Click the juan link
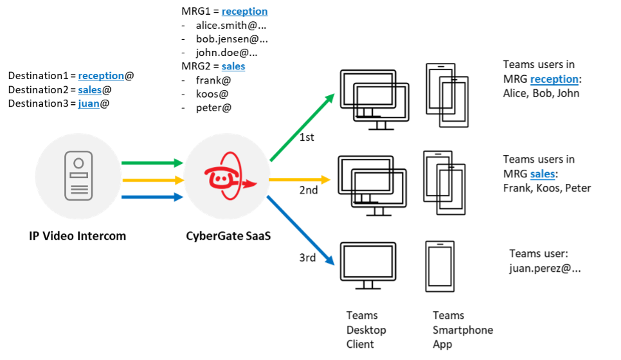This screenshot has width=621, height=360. tap(89, 104)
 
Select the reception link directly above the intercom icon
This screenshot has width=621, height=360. tap(101, 76)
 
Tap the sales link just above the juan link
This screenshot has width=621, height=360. tap(90, 90)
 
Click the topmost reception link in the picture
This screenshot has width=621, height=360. tap(244, 12)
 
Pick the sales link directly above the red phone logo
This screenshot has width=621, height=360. tap(233, 66)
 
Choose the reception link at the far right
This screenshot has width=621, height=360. tap(553, 79)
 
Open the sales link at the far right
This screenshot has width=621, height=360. tap(542, 174)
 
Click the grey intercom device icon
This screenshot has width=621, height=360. tap(78, 175)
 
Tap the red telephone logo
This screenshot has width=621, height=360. tap(227, 176)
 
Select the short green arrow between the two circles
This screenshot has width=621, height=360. tap(152, 163)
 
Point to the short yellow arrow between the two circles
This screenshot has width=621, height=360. tap(152, 180)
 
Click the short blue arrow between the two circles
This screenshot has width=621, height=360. tap(152, 197)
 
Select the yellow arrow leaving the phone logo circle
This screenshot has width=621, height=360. tap(299, 180)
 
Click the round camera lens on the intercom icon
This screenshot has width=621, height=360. tap(78, 163)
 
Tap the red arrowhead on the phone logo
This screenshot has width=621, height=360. tap(250, 184)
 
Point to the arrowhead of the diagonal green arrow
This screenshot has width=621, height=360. tap(330, 98)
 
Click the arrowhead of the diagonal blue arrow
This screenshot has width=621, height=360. tap(330, 260)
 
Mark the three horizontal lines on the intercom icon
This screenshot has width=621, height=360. tap(78, 189)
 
